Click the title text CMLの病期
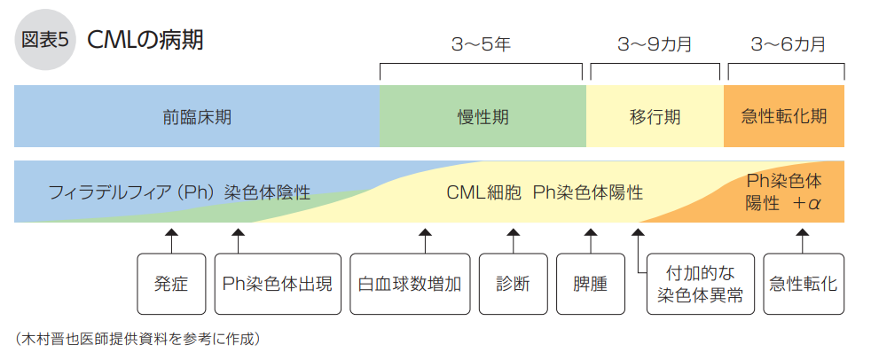(x=145, y=42)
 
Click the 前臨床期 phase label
(x=196, y=116)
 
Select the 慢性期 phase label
(x=483, y=116)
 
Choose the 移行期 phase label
(x=655, y=116)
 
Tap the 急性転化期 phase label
(x=784, y=116)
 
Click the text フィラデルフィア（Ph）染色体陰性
(x=179, y=192)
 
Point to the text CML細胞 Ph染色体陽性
(x=544, y=192)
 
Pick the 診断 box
(x=513, y=285)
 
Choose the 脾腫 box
(x=590, y=285)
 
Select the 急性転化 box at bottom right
(x=803, y=285)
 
